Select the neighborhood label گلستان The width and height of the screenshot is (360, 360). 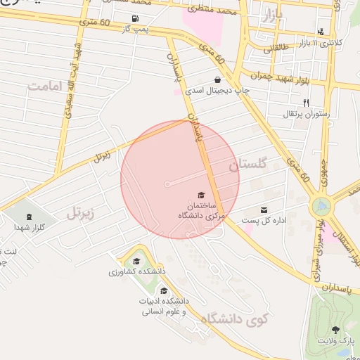[x=247, y=165]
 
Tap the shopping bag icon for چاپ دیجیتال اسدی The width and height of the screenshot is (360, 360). [x=217, y=80]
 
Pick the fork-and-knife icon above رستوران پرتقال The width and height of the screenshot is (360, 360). [x=306, y=103]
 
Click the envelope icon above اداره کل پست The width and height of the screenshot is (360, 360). [x=264, y=210]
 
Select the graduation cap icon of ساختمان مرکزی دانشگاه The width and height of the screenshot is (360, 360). [x=201, y=195]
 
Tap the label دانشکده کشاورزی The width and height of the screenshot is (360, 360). [x=136, y=271]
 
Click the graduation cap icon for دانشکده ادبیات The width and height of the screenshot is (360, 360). [x=164, y=291]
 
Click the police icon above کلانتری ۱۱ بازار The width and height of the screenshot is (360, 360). [x=321, y=31]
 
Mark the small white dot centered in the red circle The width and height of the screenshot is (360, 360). [x=167, y=184]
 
